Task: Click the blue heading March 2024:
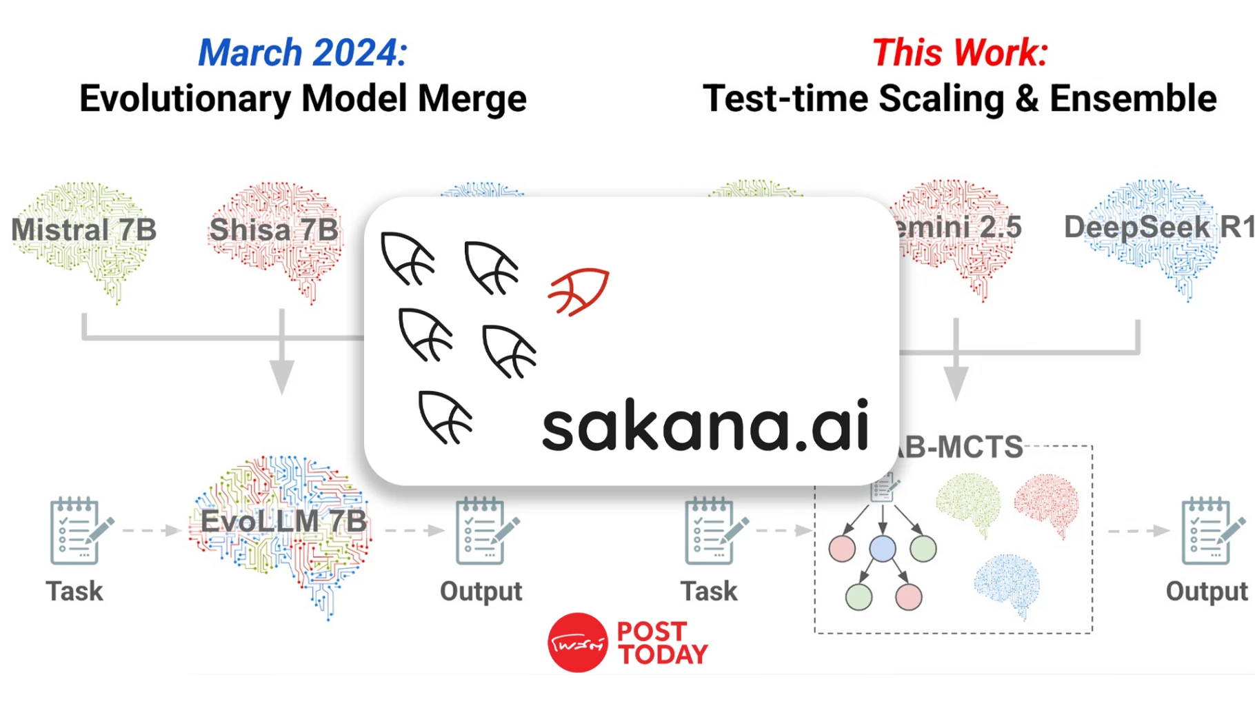click(x=303, y=52)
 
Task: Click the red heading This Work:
click(x=960, y=52)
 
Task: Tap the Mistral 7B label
click(x=84, y=230)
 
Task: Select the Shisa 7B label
click(x=274, y=230)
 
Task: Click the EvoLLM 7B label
click(x=283, y=521)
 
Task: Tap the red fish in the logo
click(x=579, y=291)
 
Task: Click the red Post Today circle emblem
click(x=577, y=643)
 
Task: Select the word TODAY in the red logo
click(x=663, y=654)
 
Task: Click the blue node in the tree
click(x=883, y=549)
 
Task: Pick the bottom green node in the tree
click(x=859, y=596)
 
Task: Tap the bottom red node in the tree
click(x=908, y=596)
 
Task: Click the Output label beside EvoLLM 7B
click(x=481, y=591)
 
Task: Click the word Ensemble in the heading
click(x=1133, y=99)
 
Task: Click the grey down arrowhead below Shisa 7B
click(x=281, y=376)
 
